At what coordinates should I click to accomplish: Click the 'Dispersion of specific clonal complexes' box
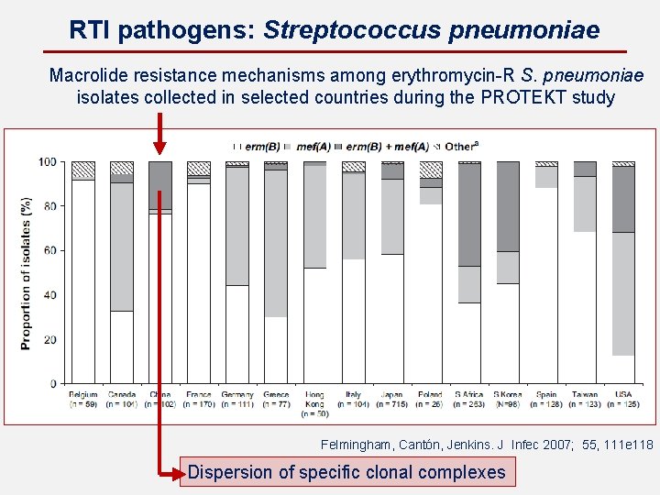[346, 472]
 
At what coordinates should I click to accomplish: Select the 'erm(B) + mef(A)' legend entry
[386, 146]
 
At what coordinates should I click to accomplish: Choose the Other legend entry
[460, 146]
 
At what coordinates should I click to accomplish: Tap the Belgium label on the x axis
[82, 395]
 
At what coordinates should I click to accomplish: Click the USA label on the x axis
[623, 395]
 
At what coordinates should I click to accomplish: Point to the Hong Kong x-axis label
[314, 400]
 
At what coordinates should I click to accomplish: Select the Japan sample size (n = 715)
[392, 404]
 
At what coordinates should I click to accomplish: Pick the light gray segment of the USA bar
[623, 293]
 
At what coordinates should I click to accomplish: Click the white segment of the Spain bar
[546, 284]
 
